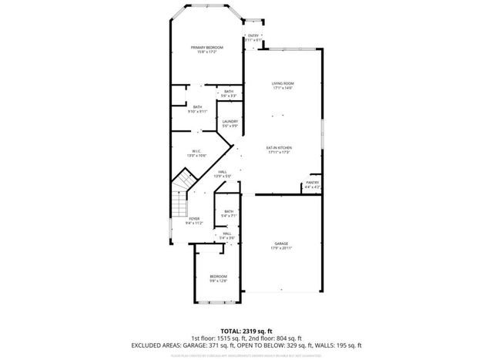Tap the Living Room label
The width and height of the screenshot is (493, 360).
pyautogui.click(x=283, y=83)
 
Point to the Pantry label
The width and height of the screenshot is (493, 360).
pyautogui.click(x=311, y=183)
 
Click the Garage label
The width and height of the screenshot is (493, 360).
pyautogui.click(x=281, y=244)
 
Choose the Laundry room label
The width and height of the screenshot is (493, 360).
pyautogui.click(x=229, y=121)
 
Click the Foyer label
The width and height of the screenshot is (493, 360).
pyautogui.click(x=194, y=219)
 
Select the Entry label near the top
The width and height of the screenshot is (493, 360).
pyautogui.click(x=253, y=35)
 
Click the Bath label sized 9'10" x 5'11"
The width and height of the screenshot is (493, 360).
pyautogui.click(x=198, y=107)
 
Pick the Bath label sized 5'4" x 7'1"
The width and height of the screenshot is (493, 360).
pyautogui.click(x=229, y=211)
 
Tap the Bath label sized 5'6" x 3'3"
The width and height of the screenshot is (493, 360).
pyautogui.click(x=229, y=92)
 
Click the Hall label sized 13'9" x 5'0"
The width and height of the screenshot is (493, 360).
pyautogui.click(x=223, y=171)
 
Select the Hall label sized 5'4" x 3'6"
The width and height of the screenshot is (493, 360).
pyautogui.click(x=226, y=234)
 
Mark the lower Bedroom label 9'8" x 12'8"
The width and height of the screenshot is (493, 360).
pyautogui.click(x=219, y=276)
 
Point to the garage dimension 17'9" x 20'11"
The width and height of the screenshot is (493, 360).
pyautogui.click(x=281, y=247)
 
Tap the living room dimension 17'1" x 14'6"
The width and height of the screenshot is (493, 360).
pyautogui.click(x=283, y=88)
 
